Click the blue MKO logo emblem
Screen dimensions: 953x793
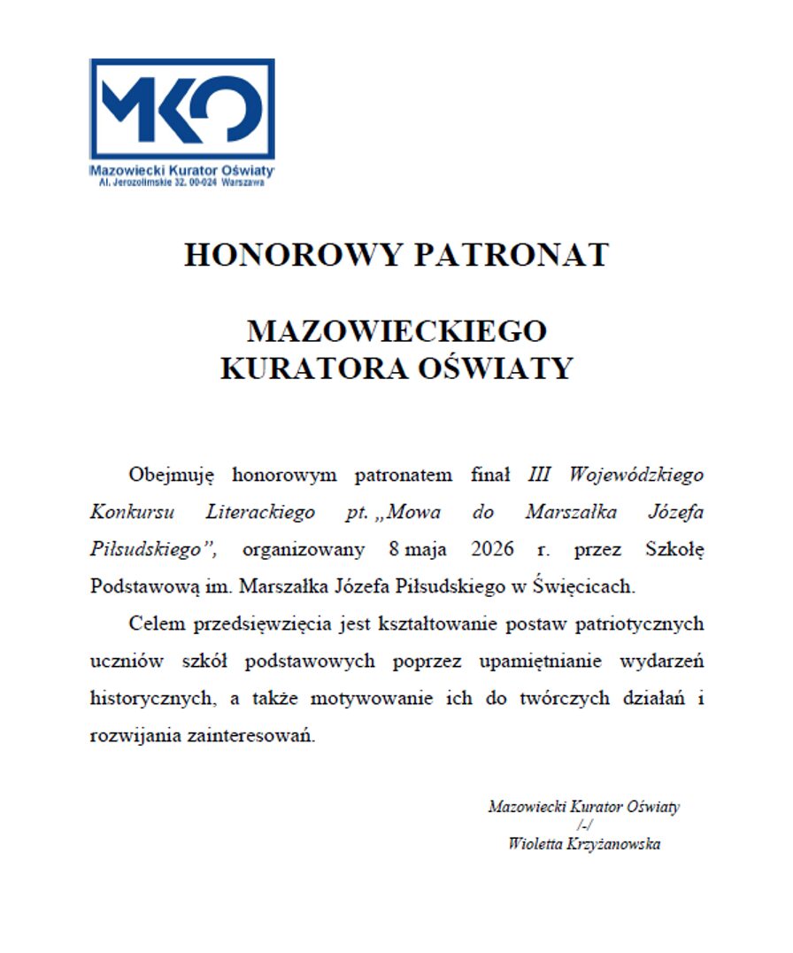pos(181,109)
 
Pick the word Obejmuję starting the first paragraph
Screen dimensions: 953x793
pos(173,475)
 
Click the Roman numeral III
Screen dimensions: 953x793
pos(539,475)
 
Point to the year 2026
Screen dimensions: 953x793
pos(493,549)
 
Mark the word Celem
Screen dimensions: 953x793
pos(157,624)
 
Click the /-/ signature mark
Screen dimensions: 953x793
pos(583,825)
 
